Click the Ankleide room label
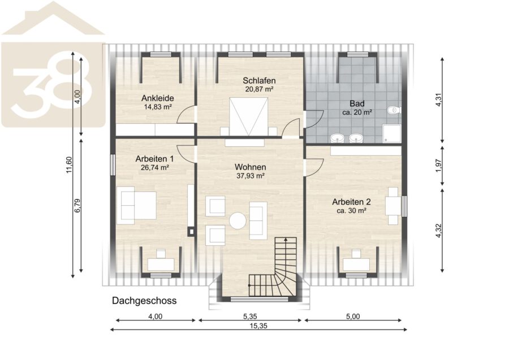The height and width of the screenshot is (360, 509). click(x=157, y=98)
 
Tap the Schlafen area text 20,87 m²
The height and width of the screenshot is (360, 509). click(x=259, y=89)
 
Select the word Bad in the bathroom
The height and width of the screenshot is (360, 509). click(x=357, y=104)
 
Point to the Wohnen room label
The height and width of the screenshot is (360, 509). click(x=251, y=167)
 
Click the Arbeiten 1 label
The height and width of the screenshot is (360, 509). click(x=154, y=159)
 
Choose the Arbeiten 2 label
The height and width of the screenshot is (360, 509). click(x=351, y=202)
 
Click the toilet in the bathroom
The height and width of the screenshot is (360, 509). click(x=394, y=110)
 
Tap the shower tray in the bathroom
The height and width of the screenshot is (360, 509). click(x=392, y=134)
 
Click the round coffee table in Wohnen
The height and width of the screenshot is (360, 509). click(x=238, y=221)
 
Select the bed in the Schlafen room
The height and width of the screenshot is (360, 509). click(x=249, y=117)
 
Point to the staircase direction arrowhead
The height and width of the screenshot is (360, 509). click(x=286, y=240)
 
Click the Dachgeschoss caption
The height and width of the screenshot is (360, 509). click(x=144, y=301)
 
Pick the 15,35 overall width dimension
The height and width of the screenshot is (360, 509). click(x=258, y=326)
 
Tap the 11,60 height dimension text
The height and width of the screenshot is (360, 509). click(x=69, y=165)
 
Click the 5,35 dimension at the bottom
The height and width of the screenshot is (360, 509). click(x=250, y=316)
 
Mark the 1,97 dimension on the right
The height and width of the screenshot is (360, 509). click(x=439, y=166)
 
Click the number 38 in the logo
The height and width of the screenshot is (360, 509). click(x=52, y=86)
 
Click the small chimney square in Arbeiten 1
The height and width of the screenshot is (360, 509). click(x=191, y=232)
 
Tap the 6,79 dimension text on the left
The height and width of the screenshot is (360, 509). click(x=77, y=206)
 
